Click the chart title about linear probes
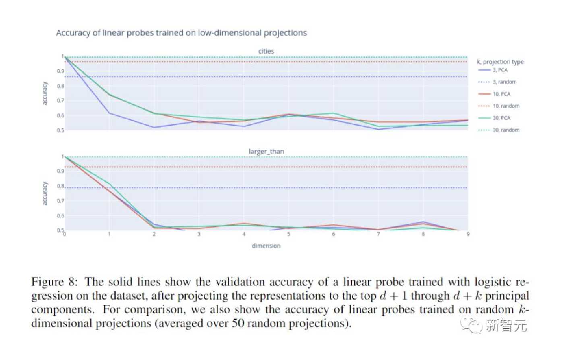click(x=181, y=33)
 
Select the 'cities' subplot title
click(x=266, y=51)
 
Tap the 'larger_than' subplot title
click(x=266, y=151)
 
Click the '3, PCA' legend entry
click(x=500, y=70)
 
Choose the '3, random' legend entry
click(x=504, y=82)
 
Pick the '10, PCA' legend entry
click(x=501, y=94)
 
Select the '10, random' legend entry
click(x=506, y=106)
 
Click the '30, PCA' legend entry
click(x=501, y=118)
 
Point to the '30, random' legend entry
click(x=506, y=130)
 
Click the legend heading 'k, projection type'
click(x=500, y=62)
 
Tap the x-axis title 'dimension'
click(x=266, y=246)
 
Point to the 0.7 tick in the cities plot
click(x=60, y=101)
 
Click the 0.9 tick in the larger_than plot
click(x=60, y=171)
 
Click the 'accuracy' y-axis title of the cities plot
click(x=45, y=93)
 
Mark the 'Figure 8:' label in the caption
click(x=54, y=282)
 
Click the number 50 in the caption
click(x=238, y=323)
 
